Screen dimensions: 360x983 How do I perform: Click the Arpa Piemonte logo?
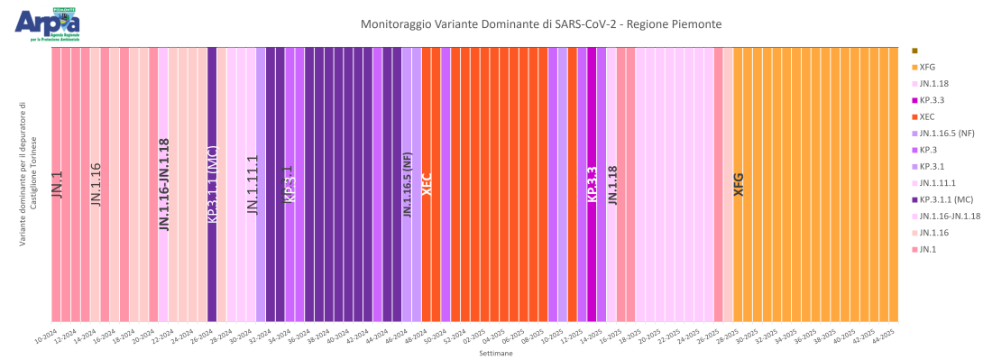(x=46, y=24)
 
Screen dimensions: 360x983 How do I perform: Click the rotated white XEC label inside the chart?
(x=427, y=184)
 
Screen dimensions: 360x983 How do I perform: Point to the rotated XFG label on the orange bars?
(x=739, y=184)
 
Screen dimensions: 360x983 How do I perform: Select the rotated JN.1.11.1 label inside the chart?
(x=253, y=184)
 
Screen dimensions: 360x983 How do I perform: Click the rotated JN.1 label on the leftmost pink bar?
(x=57, y=184)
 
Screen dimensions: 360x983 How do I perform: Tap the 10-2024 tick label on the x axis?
(x=47, y=337)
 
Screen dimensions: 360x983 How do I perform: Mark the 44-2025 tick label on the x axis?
(x=885, y=337)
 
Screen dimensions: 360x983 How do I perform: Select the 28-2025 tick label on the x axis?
(x=729, y=337)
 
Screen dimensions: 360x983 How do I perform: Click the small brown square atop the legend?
(x=914, y=51)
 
